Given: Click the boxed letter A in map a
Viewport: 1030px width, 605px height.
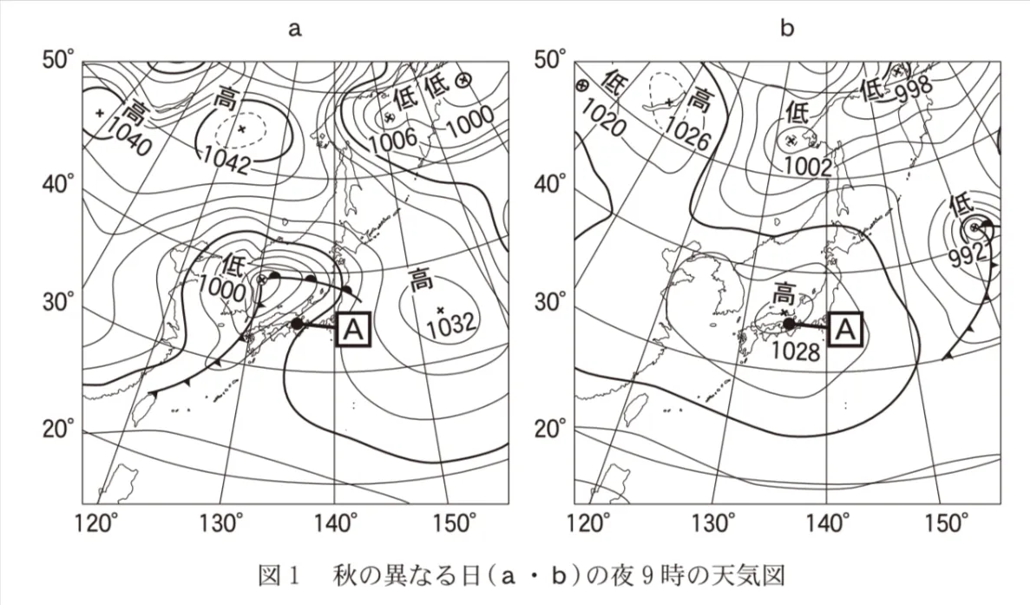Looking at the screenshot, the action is [353, 329].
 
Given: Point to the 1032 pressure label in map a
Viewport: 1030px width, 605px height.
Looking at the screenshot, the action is [450, 323].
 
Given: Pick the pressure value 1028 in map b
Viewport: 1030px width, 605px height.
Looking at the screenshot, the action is [796, 352].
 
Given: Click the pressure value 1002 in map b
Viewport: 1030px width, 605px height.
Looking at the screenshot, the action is [808, 167].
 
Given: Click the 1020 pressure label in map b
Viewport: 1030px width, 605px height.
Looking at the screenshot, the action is [603, 121].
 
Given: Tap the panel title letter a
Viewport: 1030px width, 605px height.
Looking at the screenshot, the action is [295, 29].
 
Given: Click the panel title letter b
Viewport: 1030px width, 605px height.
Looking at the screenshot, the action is [787, 28].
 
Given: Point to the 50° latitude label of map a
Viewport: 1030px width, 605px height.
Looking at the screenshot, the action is [59, 61].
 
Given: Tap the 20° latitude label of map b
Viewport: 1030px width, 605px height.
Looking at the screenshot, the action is [551, 430].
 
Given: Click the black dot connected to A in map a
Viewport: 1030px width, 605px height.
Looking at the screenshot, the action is [297, 323].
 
